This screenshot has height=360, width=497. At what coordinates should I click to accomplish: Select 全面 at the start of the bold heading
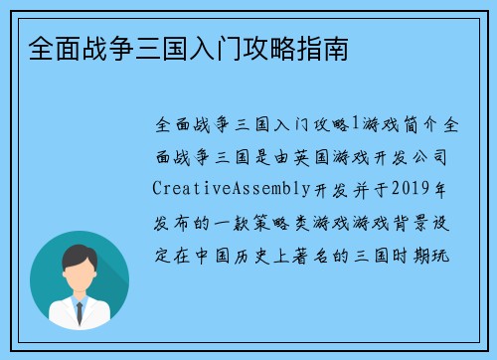pos(42,48)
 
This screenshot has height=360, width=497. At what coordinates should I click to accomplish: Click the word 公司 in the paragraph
pos(440,156)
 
